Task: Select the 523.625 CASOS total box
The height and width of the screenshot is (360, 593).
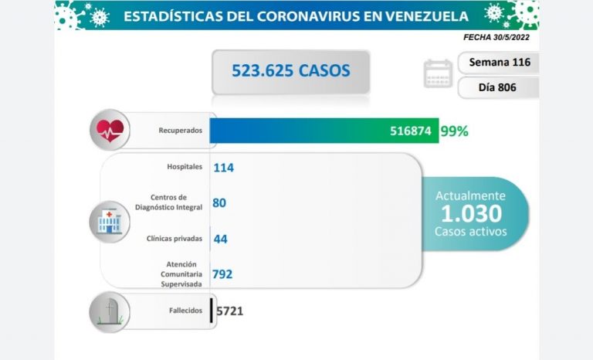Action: pos(291,71)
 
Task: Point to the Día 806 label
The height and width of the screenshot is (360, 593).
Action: pos(497,87)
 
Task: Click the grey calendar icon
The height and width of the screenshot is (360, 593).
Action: pos(438,73)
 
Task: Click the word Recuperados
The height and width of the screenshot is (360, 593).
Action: pos(181,131)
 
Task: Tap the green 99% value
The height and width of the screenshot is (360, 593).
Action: pos(454,131)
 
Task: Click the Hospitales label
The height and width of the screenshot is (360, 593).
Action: pos(185,167)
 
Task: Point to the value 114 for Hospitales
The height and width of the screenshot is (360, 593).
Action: pos(224,167)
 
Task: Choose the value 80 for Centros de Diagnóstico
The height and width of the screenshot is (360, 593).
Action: pos(219,203)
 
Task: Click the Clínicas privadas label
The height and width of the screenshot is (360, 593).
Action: pos(175,238)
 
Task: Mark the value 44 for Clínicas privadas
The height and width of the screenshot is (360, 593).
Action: pos(219,239)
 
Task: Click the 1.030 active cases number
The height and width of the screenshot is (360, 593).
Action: pos(470,213)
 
